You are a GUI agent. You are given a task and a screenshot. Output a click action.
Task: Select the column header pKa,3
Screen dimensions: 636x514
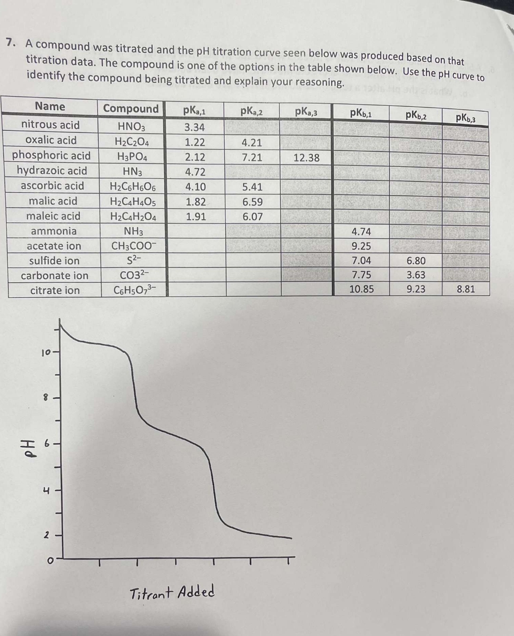(306, 112)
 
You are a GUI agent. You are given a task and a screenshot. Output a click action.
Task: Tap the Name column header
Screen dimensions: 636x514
(50, 106)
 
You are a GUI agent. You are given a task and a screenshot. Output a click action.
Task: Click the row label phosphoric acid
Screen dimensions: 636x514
(51, 155)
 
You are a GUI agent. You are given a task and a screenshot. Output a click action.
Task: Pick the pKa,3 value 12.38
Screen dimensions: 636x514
(306, 157)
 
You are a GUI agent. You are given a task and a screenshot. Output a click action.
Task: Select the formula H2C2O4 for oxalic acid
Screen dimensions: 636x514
(131, 141)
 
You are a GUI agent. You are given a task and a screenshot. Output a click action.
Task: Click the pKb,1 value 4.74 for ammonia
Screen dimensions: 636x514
(361, 232)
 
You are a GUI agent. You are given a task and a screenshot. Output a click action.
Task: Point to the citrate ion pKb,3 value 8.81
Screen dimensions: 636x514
(465, 289)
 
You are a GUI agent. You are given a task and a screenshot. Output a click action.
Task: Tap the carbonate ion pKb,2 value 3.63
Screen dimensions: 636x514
(415, 275)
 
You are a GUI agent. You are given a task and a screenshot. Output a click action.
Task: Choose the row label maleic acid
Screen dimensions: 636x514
(53, 216)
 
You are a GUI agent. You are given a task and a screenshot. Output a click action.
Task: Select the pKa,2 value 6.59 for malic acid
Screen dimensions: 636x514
(252, 202)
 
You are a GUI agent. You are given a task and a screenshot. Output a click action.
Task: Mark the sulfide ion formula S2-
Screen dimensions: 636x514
(133, 260)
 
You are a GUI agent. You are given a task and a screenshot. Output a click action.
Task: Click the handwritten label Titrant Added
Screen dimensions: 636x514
(172, 592)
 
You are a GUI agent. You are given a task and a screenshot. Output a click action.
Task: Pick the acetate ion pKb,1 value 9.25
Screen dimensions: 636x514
(361, 246)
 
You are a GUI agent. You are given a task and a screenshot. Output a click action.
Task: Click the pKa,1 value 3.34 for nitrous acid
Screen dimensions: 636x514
(195, 127)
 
